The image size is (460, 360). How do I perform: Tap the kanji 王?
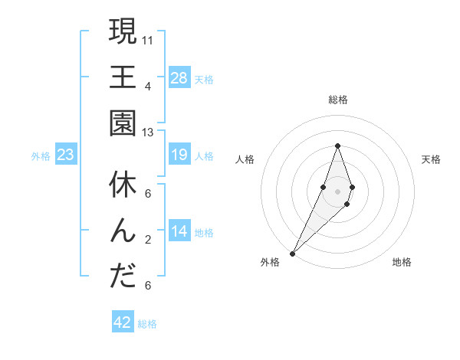(x=123, y=78)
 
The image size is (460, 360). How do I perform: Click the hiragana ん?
(x=123, y=231)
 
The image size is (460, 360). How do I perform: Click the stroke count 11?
(x=149, y=39)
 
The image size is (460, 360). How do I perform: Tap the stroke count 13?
(x=149, y=133)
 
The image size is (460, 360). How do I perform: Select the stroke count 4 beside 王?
(x=148, y=86)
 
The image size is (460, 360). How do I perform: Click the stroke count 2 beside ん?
(x=148, y=240)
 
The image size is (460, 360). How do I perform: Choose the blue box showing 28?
(x=179, y=78)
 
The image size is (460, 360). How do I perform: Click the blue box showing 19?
(x=179, y=155)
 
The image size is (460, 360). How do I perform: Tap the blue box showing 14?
(x=179, y=232)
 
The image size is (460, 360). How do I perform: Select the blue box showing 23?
(x=65, y=155)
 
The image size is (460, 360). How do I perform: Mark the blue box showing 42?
(x=122, y=322)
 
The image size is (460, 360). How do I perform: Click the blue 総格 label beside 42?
(x=147, y=324)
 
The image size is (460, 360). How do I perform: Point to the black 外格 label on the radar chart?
(x=270, y=263)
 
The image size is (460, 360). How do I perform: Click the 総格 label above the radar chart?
(x=337, y=100)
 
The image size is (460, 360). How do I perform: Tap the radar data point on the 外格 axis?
(x=293, y=253)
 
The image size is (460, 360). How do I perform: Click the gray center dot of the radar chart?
(x=337, y=191)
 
